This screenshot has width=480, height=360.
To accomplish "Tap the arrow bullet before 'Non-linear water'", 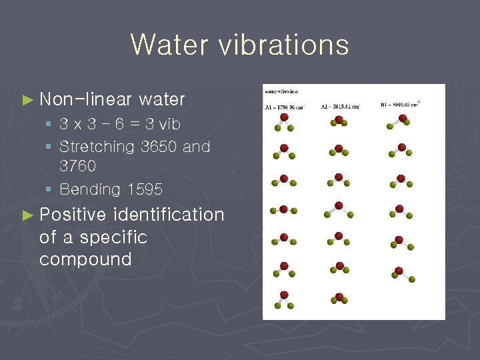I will [27, 100].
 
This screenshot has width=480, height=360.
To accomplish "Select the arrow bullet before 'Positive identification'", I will [27, 215].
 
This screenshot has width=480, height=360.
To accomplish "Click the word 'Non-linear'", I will [86, 99].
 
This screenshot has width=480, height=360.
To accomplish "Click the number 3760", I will [78, 165].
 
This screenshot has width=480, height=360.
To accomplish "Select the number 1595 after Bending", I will [144, 189].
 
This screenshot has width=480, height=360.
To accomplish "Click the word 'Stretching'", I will [97, 147].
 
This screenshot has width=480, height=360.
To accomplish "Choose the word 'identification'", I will [169, 215].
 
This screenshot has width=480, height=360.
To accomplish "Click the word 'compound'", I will [85, 259].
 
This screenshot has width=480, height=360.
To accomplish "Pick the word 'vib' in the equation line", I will [170, 124].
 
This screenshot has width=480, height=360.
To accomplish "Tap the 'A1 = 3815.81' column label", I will [340, 106].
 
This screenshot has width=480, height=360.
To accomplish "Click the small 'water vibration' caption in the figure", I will [281, 91].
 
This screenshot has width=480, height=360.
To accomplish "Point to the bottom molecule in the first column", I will [284, 298].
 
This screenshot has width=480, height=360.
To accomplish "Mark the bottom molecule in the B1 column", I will [401, 273].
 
